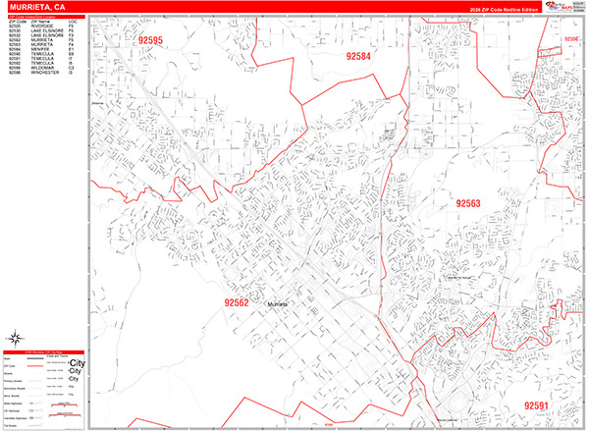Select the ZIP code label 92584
coord(358,57)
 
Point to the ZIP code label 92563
coord(467,203)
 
